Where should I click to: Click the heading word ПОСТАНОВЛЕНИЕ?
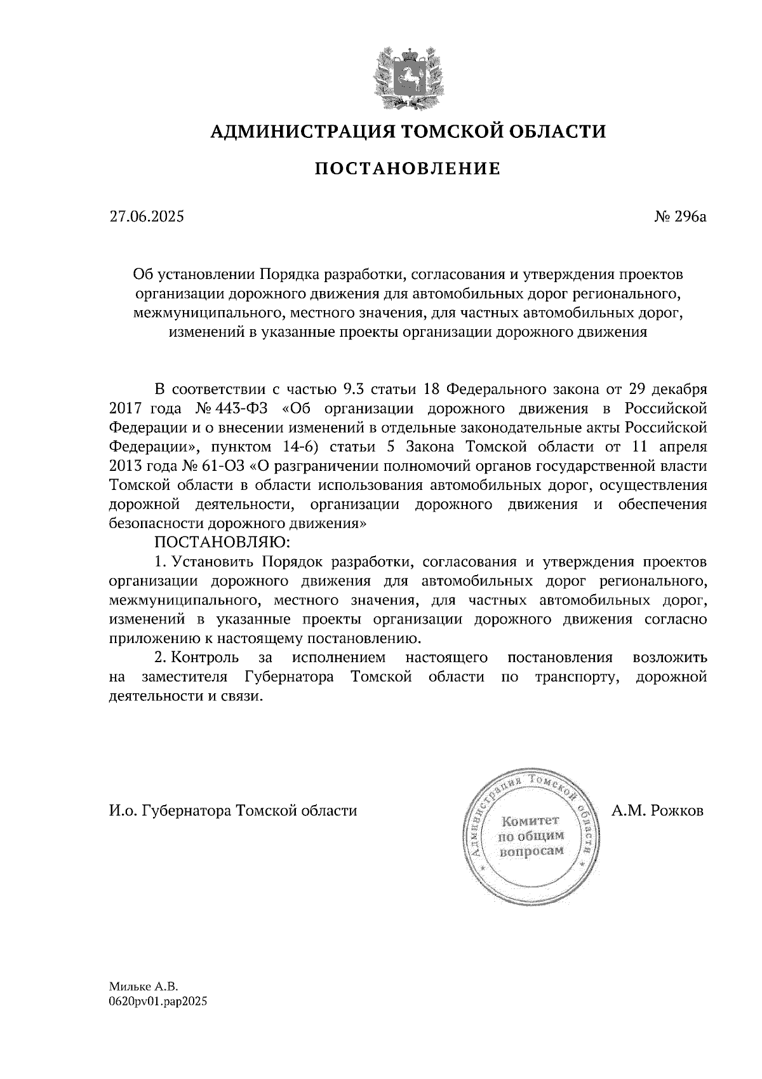point(408,168)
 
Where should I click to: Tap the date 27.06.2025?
point(147,217)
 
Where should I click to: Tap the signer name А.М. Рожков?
point(658,811)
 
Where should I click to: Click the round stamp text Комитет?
point(530,821)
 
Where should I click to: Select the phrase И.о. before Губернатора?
point(123,811)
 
